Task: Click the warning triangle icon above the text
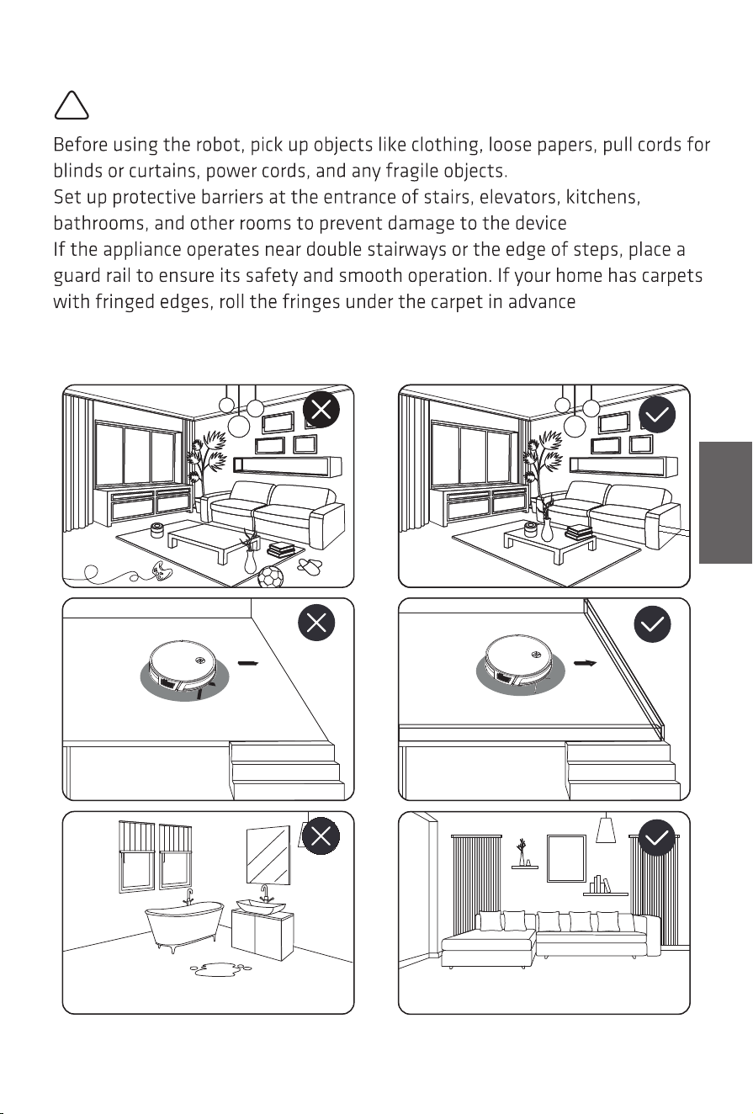[72, 105]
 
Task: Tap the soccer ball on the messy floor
[270, 576]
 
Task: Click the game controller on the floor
[162, 570]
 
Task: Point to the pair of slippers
[310, 565]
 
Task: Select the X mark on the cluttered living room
[321, 410]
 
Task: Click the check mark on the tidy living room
[657, 414]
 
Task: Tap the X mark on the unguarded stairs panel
[316, 623]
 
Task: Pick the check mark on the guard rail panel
[653, 624]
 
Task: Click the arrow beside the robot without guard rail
[249, 663]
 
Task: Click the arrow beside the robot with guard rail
[585, 663]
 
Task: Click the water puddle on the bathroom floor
[220, 968]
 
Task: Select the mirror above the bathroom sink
[268, 855]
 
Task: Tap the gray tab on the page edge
[725, 502]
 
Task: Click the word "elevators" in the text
[520, 197]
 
